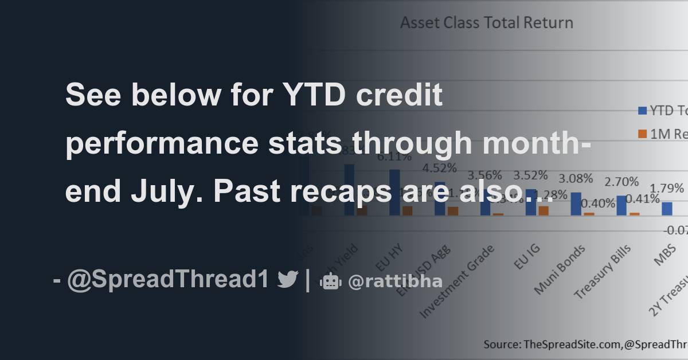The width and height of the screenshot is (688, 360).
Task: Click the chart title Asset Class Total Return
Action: point(486,23)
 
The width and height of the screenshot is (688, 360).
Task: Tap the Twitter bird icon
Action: point(287,280)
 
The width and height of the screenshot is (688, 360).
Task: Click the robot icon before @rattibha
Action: point(331,281)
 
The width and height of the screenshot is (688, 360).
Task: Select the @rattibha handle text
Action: point(395,281)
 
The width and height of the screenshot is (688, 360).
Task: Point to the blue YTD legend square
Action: point(642,111)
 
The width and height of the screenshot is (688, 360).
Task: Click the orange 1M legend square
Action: point(642,134)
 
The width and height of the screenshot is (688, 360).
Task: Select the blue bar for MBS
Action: point(667,208)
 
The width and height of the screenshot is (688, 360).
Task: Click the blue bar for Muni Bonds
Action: point(576,204)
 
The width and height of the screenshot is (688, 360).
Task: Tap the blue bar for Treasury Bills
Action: point(621,205)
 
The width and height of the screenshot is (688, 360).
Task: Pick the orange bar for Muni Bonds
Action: point(589,214)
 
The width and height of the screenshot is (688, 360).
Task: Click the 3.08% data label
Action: point(575,178)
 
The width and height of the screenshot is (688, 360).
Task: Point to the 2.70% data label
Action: point(621,182)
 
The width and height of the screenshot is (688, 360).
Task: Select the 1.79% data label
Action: point(666,188)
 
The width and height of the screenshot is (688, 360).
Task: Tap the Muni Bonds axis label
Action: point(560,269)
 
